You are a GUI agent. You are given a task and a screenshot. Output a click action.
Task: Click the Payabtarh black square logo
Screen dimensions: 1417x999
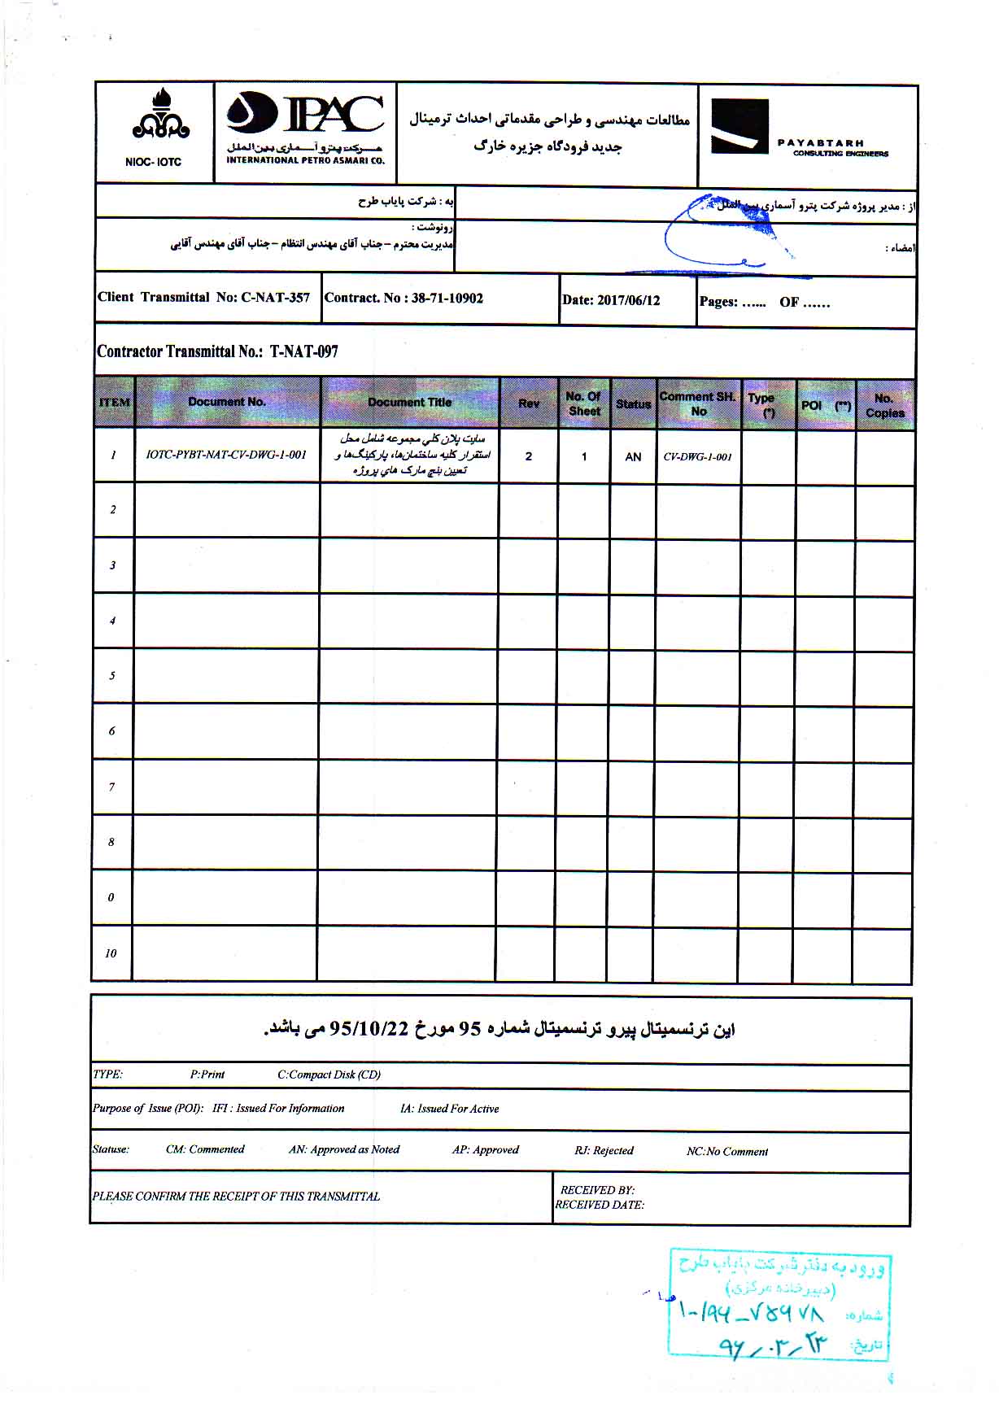pos(739,127)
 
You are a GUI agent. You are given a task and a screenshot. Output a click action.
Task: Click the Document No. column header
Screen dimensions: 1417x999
pos(227,402)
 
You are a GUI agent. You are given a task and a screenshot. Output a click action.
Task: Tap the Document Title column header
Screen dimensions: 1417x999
pos(409,403)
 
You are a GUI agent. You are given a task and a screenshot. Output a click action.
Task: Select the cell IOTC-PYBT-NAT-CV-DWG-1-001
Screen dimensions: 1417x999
pos(226,456)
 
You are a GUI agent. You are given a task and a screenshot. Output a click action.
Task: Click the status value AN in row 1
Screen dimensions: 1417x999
pos(633,457)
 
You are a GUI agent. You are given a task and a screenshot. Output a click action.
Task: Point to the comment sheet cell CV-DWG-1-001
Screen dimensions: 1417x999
pos(697,457)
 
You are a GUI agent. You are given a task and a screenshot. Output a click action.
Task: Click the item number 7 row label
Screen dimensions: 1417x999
pos(111,787)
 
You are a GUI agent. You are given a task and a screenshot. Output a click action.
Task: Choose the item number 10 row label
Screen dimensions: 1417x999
pos(111,953)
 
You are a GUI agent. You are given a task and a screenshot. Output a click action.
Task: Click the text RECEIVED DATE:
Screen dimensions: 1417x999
pos(600,1205)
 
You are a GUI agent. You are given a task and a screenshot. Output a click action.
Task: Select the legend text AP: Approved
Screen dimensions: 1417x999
pos(485,1150)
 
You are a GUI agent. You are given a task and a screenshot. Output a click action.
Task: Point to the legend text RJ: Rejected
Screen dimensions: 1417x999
pos(604,1151)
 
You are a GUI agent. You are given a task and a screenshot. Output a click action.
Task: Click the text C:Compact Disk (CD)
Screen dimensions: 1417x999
pos(329,1075)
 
